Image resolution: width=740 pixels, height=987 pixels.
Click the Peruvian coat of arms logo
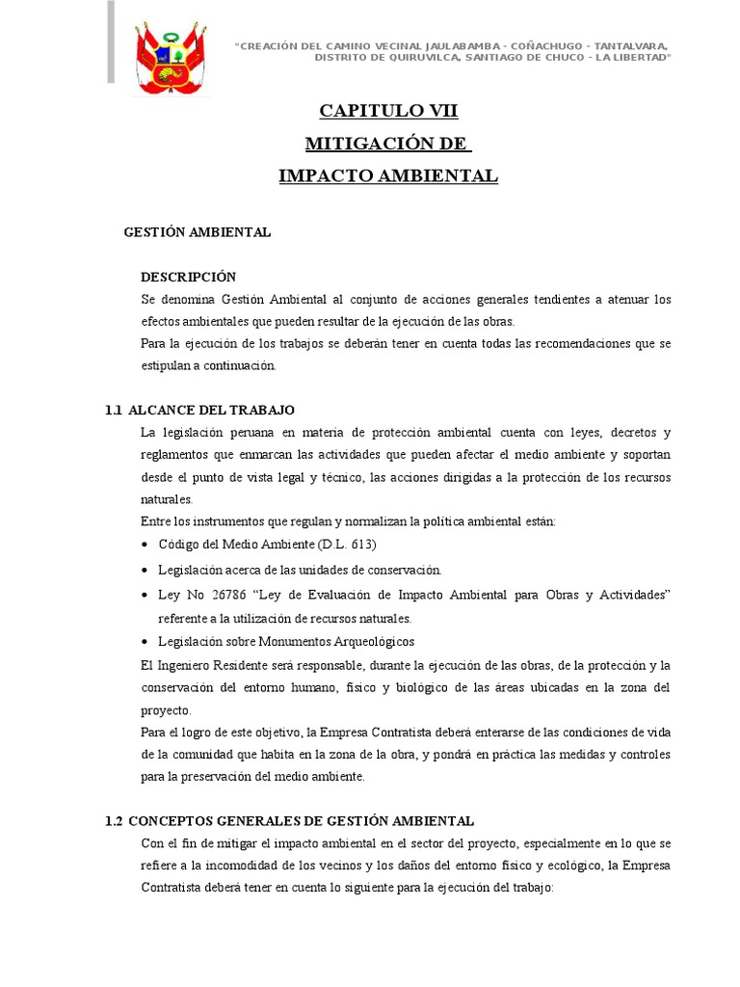170,58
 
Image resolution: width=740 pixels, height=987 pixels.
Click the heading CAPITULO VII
388,112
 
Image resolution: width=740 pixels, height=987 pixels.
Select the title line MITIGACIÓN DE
387,144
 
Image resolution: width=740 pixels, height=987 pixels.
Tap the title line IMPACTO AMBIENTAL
388,175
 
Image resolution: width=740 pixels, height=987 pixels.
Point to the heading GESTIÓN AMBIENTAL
198,232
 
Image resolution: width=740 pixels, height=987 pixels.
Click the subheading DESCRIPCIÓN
188,277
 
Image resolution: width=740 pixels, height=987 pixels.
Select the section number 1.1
114,410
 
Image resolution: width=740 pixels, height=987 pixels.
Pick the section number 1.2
114,820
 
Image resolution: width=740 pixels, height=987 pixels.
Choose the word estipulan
172,365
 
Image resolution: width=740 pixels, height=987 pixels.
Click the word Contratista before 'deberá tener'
179,888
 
